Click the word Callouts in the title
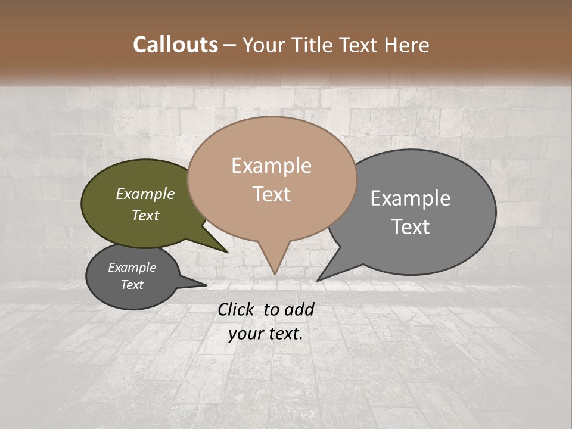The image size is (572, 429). pyautogui.click(x=175, y=45)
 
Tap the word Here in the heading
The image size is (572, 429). pyautogui.click(x=406, y=45)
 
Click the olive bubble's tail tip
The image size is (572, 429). pyautogui.click(x=227, y=252)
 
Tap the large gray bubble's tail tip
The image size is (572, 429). pyautogui.click(x=318, y=280)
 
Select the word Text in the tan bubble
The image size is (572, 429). pyautogui.click(x=272, y=194)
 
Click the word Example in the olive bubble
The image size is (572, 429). pyautogui.click(x=145, y=194)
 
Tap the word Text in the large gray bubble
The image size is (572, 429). pyautogui.click(x=411, y=226)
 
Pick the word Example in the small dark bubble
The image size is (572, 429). pyautogui.click(x=132, y=268)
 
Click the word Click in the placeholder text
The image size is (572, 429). pyautogui.click(x=236, y=309)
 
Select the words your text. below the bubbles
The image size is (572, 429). pyautogui.click(x=265, y=334)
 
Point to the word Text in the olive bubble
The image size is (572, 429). pyautogui.click(x=145, y=215)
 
